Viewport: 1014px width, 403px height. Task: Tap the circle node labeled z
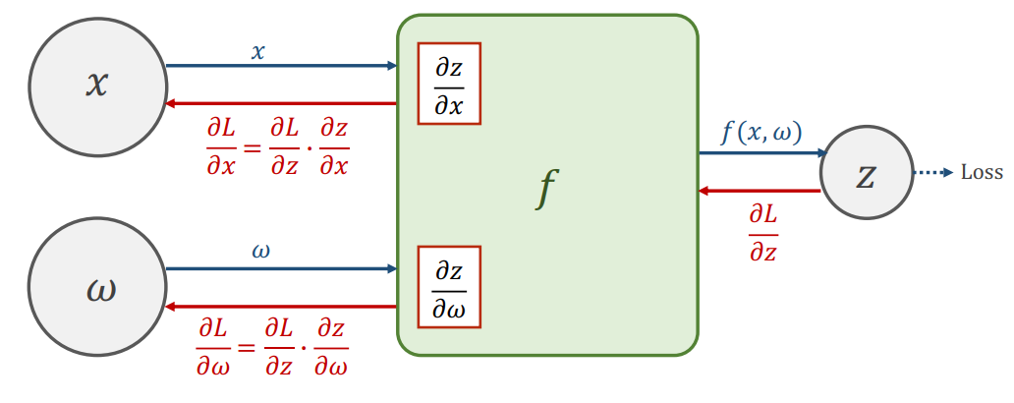[x=866, y=173]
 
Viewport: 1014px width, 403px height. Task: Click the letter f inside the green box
[x=547, y=187]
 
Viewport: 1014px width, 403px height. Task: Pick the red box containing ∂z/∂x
[x=449, y=84]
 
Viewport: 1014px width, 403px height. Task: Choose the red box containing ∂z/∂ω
[x=449, y=287]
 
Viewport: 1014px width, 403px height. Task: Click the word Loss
[x=981, y=173]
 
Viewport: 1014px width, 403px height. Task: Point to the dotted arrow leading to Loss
[x=932, y=173]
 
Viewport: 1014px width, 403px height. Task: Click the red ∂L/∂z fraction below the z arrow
[x=762, y=232]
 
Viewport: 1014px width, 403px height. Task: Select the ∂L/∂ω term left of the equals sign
[x=215, y=348]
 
